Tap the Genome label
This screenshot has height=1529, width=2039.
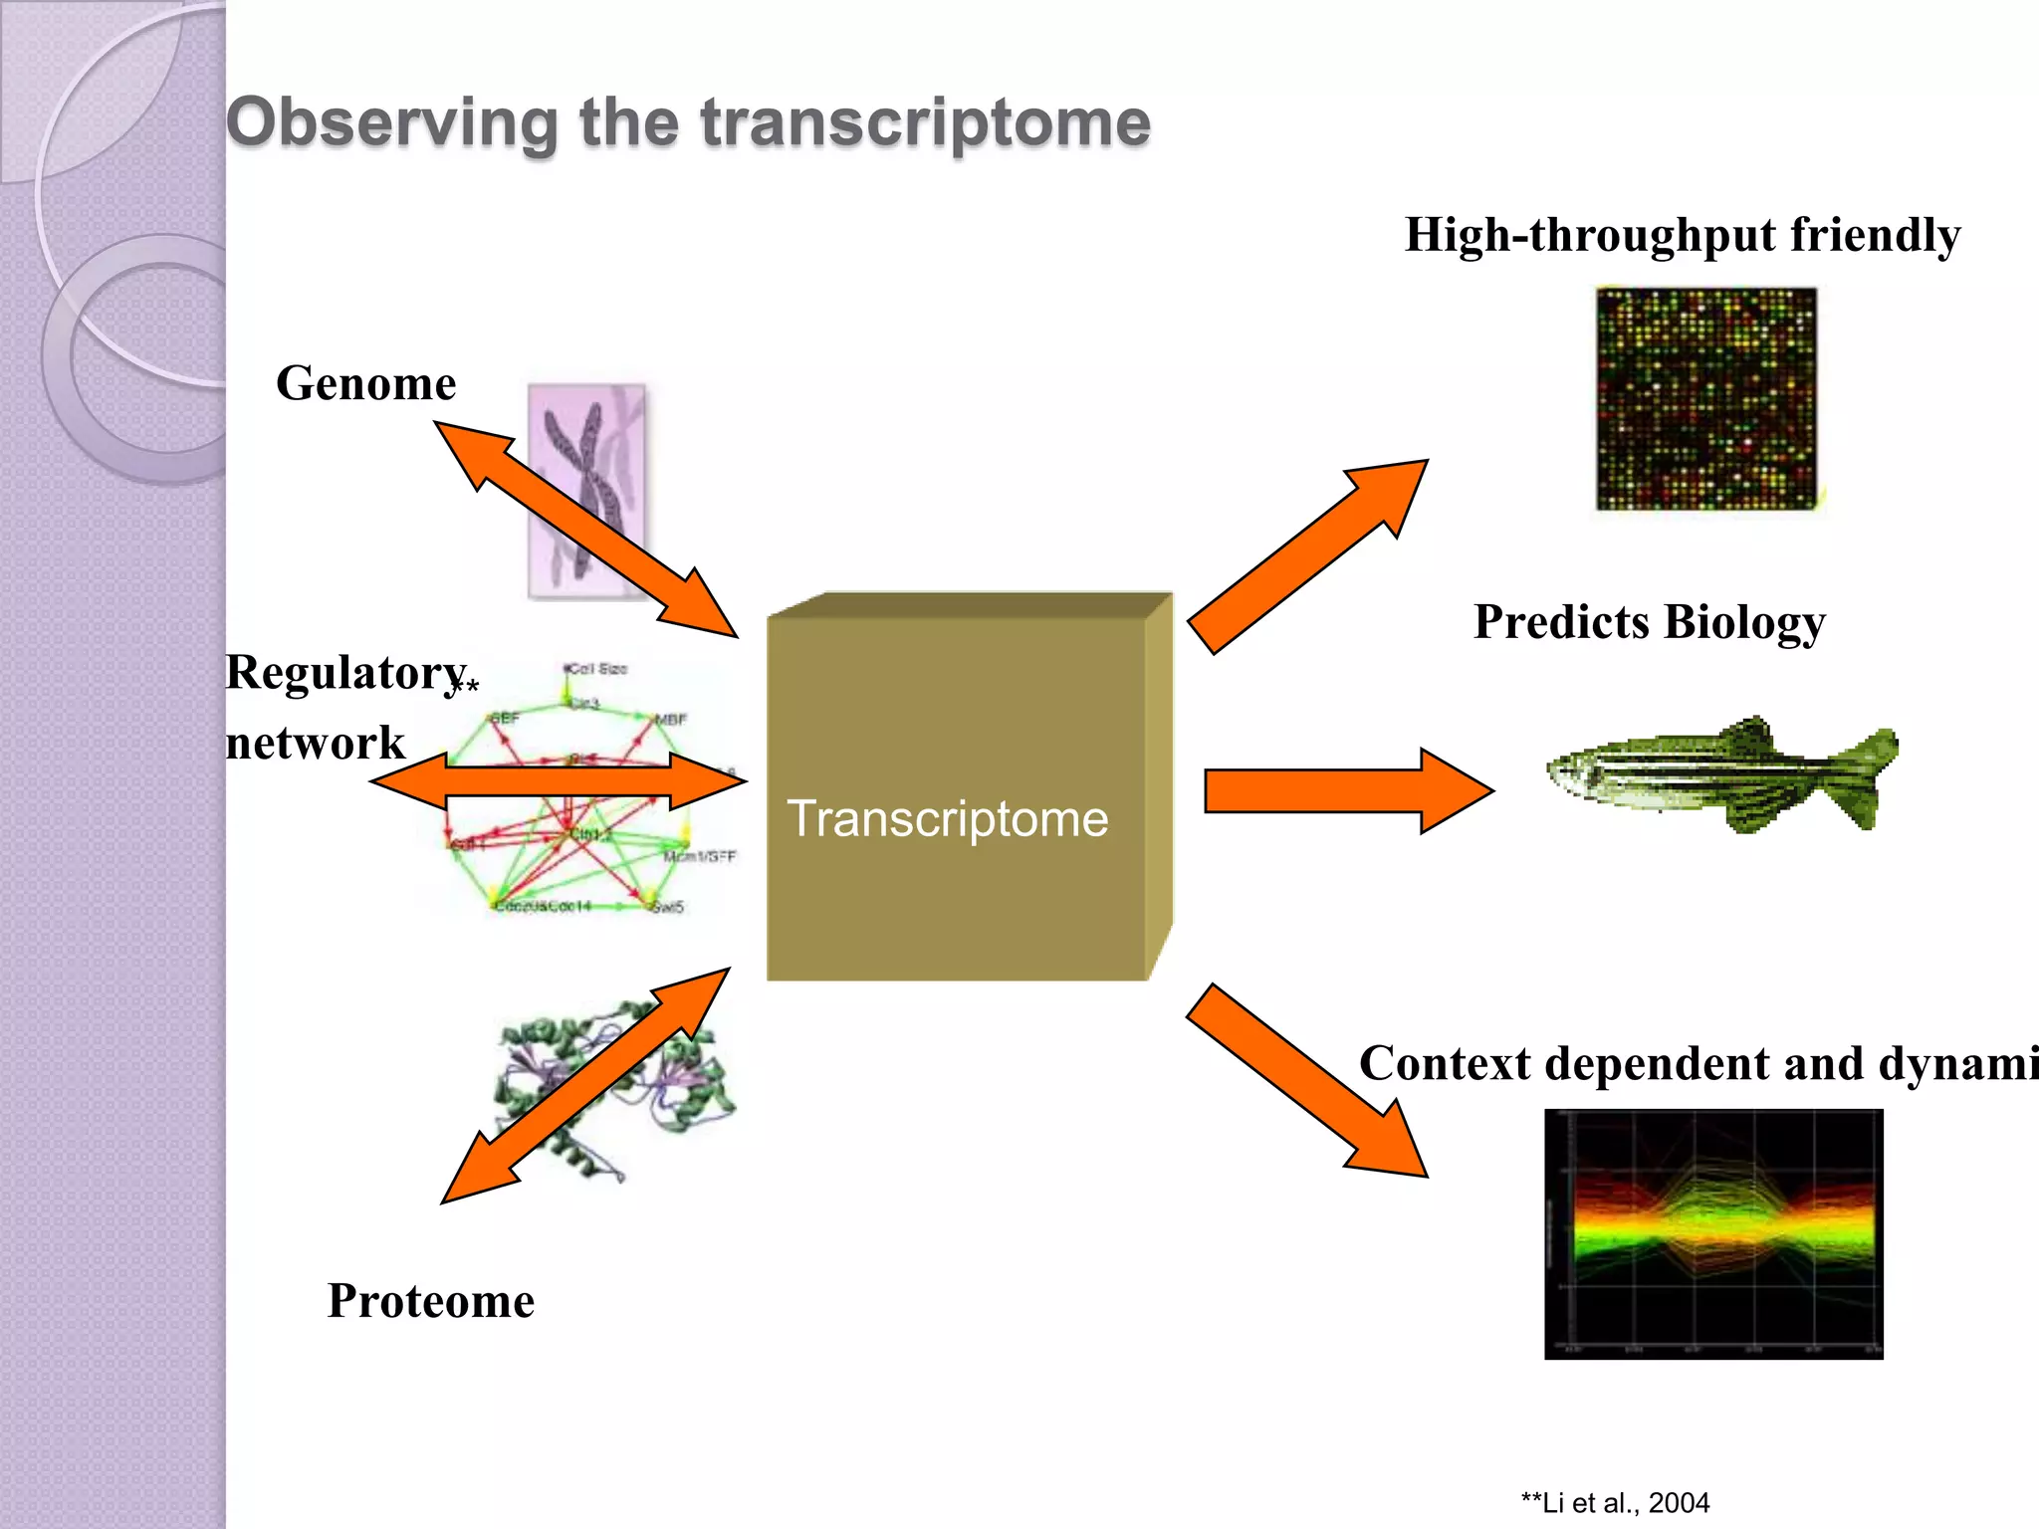pyautogui.click(x=365, y=383)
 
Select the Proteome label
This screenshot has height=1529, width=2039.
pyautogui.click(x=430, y=1301)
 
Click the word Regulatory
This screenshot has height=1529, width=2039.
pyautogui.click(x=344, y=672)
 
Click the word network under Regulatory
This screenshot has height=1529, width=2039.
pyautogui.click(x=315, y=743)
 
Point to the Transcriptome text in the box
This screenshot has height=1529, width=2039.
pyautogui.click(x=947, y=818)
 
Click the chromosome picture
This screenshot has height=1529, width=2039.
pyautogui.click(x=585, y=490)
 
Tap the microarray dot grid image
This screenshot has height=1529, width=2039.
pyautogui.click(x=1706, y=398)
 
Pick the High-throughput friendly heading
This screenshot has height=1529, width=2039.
pyautogui.click(x=1682, y=235)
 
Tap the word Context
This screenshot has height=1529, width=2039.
pyautogui.click(x=1444, y=1063)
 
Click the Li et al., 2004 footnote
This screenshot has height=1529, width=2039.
pyautogui.click(x=1615, y=1502)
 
